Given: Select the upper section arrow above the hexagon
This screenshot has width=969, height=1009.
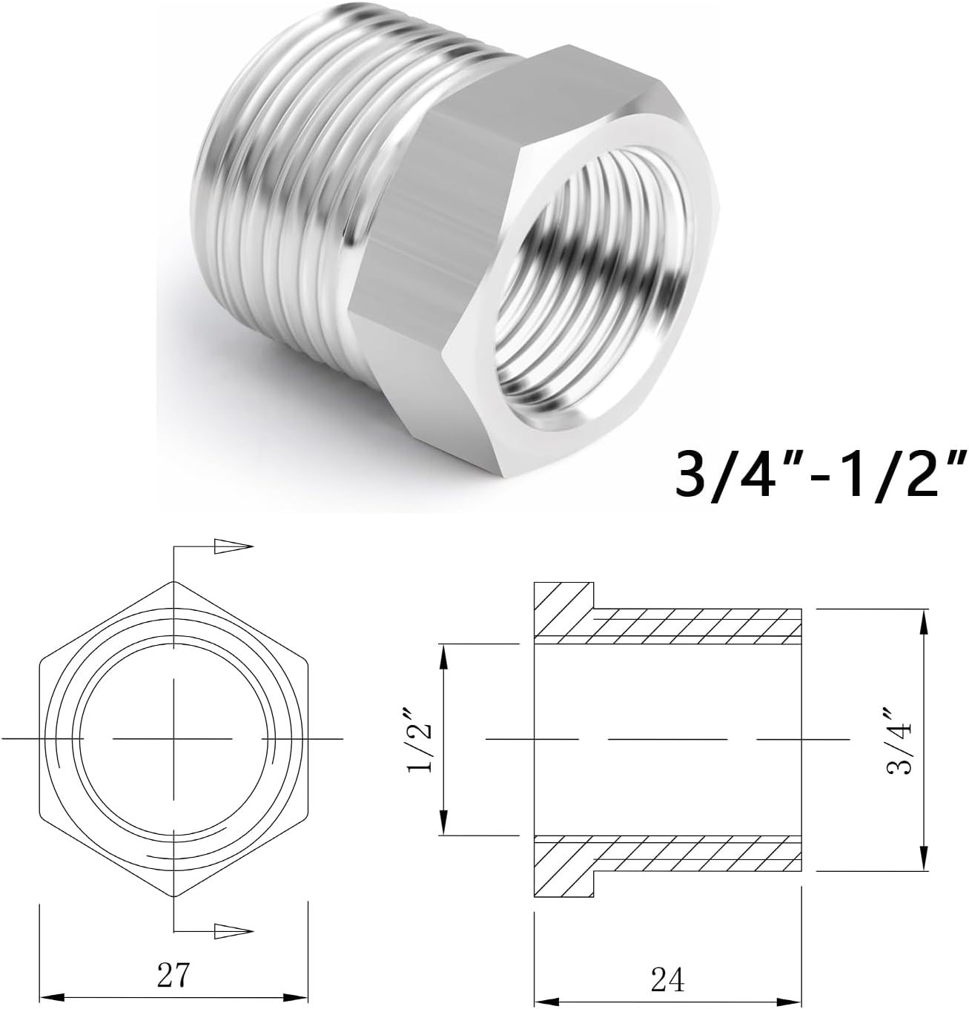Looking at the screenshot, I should (229, 546).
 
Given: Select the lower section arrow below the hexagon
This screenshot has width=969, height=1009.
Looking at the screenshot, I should (229, 930).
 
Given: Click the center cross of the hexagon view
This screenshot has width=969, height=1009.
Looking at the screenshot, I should (173, 739).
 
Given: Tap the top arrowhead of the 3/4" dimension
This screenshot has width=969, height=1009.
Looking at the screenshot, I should (923, 623).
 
